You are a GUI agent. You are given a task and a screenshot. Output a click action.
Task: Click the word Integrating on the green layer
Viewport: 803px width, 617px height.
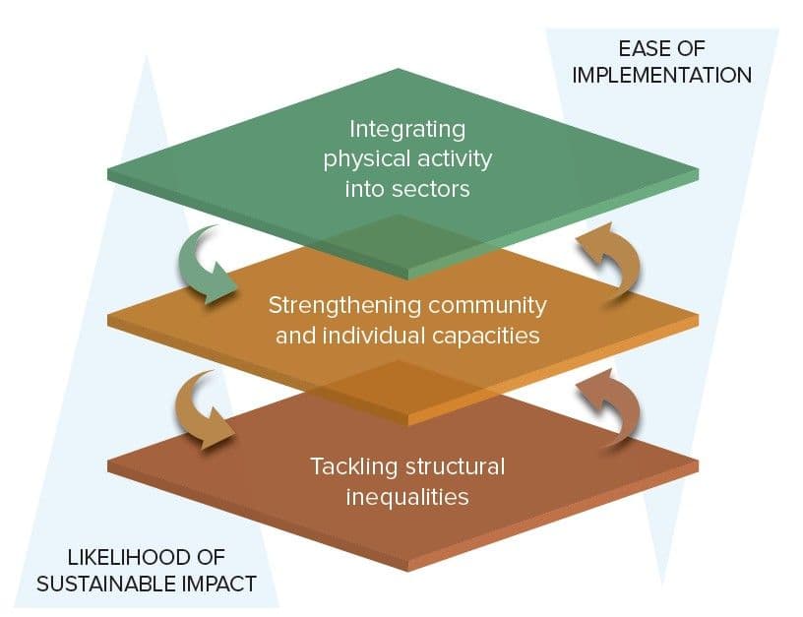407,129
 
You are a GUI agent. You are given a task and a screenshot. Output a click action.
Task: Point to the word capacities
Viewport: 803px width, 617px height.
487,336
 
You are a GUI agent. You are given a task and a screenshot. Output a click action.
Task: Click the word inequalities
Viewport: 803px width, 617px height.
407,496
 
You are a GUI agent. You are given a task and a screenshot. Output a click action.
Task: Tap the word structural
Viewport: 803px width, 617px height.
453,465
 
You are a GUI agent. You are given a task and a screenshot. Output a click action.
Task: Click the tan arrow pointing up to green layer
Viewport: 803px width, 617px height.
609,258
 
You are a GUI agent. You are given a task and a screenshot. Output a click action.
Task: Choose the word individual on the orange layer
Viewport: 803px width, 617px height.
378,336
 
